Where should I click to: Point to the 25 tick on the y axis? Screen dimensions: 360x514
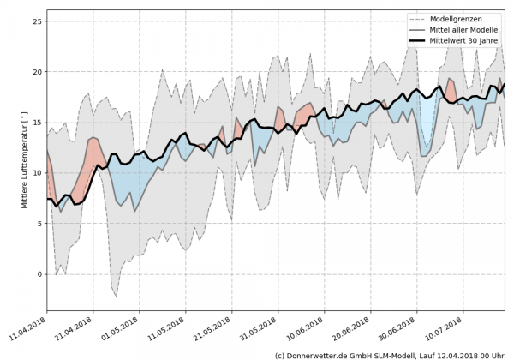37,21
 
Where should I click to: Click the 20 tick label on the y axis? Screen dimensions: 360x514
37,71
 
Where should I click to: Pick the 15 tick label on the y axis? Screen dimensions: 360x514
37,122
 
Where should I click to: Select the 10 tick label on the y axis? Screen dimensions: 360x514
37,172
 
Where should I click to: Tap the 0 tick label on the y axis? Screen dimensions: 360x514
39,274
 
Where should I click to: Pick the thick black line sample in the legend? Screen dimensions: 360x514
422,39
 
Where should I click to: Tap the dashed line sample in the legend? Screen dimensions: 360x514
422,18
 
